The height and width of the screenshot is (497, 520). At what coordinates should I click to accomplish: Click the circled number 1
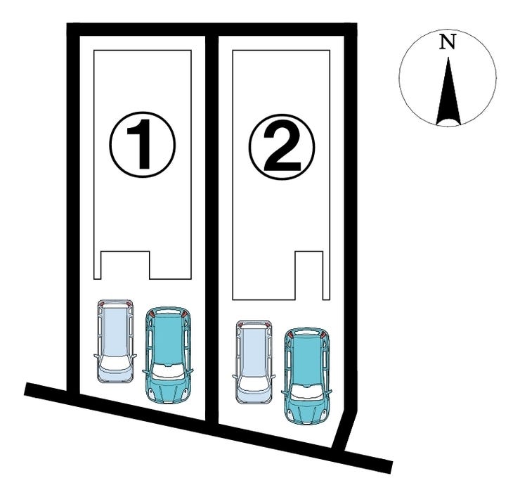(142, 144)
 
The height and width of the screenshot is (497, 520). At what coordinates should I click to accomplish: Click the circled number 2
(282, 147)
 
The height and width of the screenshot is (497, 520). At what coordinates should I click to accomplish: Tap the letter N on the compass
(448, 41)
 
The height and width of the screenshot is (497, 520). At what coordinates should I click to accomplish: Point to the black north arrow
(448, 91)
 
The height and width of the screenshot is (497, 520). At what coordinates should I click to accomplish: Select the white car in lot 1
(115, 342)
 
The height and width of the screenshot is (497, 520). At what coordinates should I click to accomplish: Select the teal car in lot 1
(168, 355)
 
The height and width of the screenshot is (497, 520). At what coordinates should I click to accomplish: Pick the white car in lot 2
(254, 362)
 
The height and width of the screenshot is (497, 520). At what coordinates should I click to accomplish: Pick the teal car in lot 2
(307, 376)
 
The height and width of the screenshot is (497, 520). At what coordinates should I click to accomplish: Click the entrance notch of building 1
(125, 265)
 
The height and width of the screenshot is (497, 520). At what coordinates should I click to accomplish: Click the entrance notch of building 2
(308, 276)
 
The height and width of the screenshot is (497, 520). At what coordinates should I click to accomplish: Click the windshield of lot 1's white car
(115, 363)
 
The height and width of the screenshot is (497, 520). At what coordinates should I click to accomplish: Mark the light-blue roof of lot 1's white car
(115, 329)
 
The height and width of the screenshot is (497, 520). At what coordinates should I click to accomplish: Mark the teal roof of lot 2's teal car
(307, 361)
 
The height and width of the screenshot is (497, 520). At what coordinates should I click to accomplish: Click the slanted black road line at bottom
(209, 427)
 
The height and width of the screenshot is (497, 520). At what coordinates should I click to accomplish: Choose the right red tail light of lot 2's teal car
(323, 335)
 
